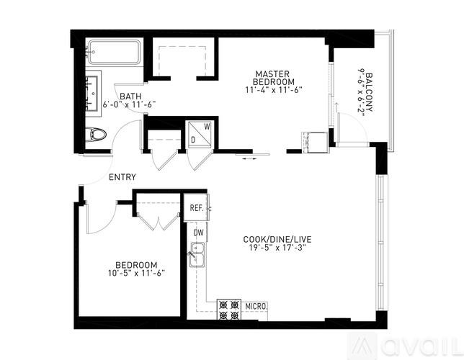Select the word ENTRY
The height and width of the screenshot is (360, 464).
point(122,177)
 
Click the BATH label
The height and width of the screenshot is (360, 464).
point(130,96)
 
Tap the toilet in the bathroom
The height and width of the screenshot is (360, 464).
point(96,134)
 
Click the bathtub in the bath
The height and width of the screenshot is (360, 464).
point(113,53)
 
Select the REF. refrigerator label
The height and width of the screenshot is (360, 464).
point(196,208)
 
